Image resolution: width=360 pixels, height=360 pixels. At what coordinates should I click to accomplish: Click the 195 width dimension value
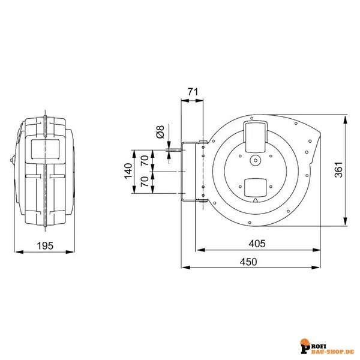tap(45, 245)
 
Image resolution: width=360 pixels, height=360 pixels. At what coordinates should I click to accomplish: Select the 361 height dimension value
tap(338, 170)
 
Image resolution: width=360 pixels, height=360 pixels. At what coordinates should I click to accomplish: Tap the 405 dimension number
tap(257, 244)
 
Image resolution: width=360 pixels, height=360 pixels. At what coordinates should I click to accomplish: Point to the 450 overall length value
tap(248, 262)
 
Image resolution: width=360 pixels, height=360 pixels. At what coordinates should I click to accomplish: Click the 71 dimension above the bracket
tap(193, 92)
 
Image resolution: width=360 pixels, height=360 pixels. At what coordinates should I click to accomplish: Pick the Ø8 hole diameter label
tap(160, 132)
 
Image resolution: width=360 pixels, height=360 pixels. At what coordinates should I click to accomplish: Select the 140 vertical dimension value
tap(128, 170)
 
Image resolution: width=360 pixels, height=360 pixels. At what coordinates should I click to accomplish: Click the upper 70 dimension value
tap(145, 160)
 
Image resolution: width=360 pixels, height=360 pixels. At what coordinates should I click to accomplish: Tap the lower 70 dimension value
tap(145, 182)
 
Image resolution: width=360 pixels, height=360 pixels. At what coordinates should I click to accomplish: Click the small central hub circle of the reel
tap(256, 160)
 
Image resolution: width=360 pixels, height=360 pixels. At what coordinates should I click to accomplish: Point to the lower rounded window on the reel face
tap(256, 188)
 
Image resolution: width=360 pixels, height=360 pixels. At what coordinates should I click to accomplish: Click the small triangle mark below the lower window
tap(256, 200)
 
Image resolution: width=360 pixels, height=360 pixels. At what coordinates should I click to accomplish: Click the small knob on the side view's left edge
tap(12, 160)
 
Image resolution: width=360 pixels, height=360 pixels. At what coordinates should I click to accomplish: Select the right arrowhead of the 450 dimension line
tap(316, 267)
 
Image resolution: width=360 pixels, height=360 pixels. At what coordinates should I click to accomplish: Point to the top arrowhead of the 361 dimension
tap(345, 121)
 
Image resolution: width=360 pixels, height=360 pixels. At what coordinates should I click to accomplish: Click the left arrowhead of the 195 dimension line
tap(19, 252)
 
